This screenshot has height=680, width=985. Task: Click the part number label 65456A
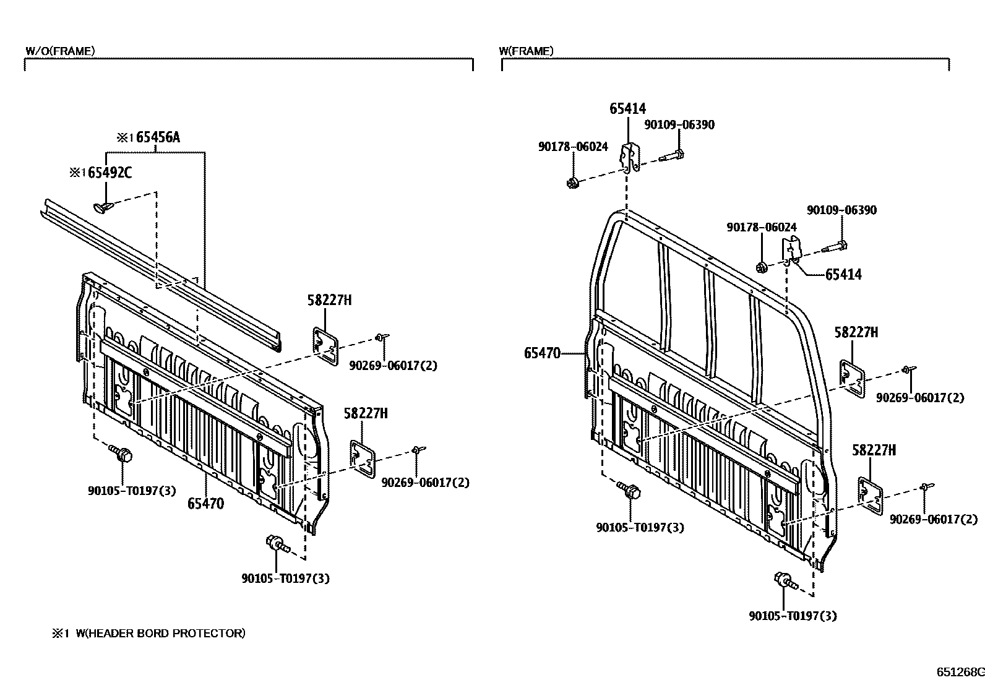pos(158,137)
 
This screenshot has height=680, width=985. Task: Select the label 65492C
pos(110,173)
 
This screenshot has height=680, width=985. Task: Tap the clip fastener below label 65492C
pos(103,206)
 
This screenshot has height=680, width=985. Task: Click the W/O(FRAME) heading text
pos(60,51)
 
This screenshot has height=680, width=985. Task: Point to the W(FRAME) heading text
pos(526,51)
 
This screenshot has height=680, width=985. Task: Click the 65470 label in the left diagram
pos(205,504)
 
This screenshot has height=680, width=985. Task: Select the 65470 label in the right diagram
pos(542,353)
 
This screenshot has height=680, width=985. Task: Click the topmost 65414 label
pos(627,109)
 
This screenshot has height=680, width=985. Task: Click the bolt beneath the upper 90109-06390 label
pos(671,155)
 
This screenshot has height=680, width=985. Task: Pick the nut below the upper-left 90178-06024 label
pos(573,182)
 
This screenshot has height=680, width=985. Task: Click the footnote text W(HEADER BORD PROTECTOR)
pos(160,634)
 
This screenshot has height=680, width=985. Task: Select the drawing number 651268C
pos(959,672)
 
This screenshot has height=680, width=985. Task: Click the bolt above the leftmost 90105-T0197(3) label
pos(121,454)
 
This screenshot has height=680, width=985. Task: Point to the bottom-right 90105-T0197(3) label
pos(793,616)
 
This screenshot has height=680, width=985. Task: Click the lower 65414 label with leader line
pos(843,274)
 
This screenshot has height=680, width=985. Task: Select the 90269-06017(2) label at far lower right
pos(934,519)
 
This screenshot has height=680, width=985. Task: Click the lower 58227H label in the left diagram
pos(366,413)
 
